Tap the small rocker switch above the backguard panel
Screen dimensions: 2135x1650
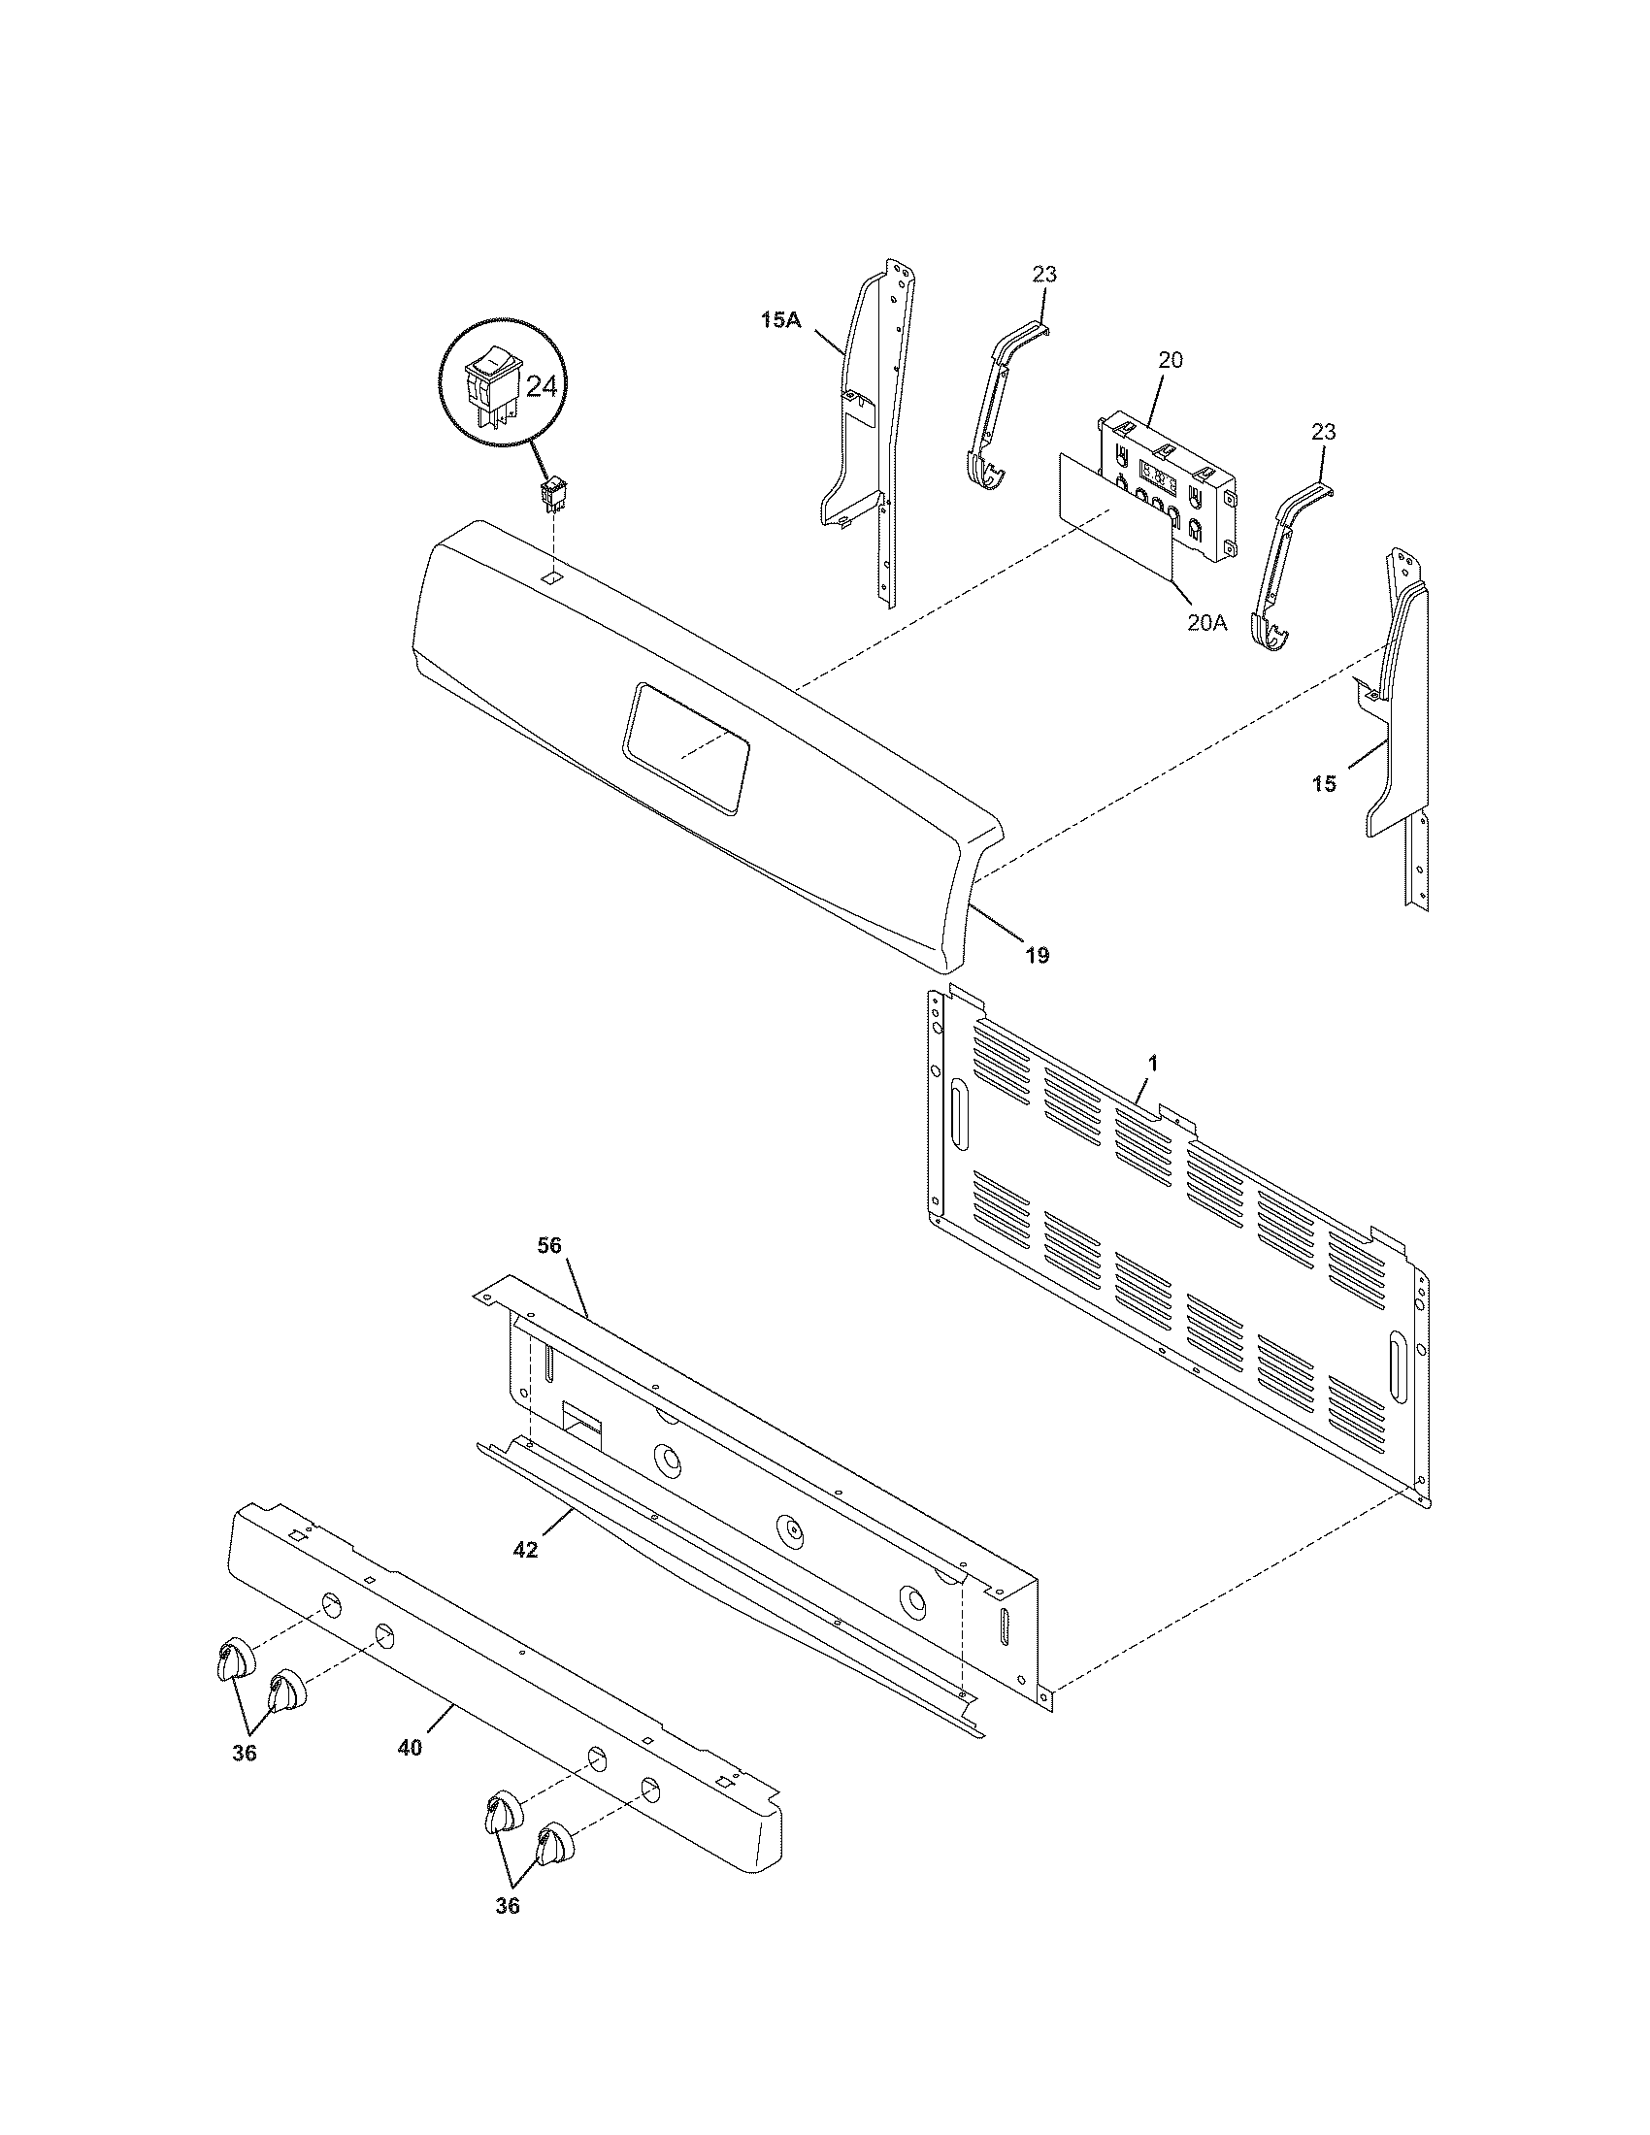point(554,495)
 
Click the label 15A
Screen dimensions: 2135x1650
point(780,319)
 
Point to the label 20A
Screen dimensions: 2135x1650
point(1206,623)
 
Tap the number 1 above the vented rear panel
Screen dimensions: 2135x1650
point(1153,1064)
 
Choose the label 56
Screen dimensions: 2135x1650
point(550,1244)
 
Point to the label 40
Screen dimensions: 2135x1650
point(410,1747)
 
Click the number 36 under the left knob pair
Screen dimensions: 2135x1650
point(245,1753)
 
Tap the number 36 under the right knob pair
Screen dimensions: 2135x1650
point(507,1932)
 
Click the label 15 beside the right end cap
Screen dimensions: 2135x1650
point(1324,783)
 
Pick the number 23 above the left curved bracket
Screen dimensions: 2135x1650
point(1044,275)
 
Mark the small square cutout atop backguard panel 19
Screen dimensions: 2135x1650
point(553,578)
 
